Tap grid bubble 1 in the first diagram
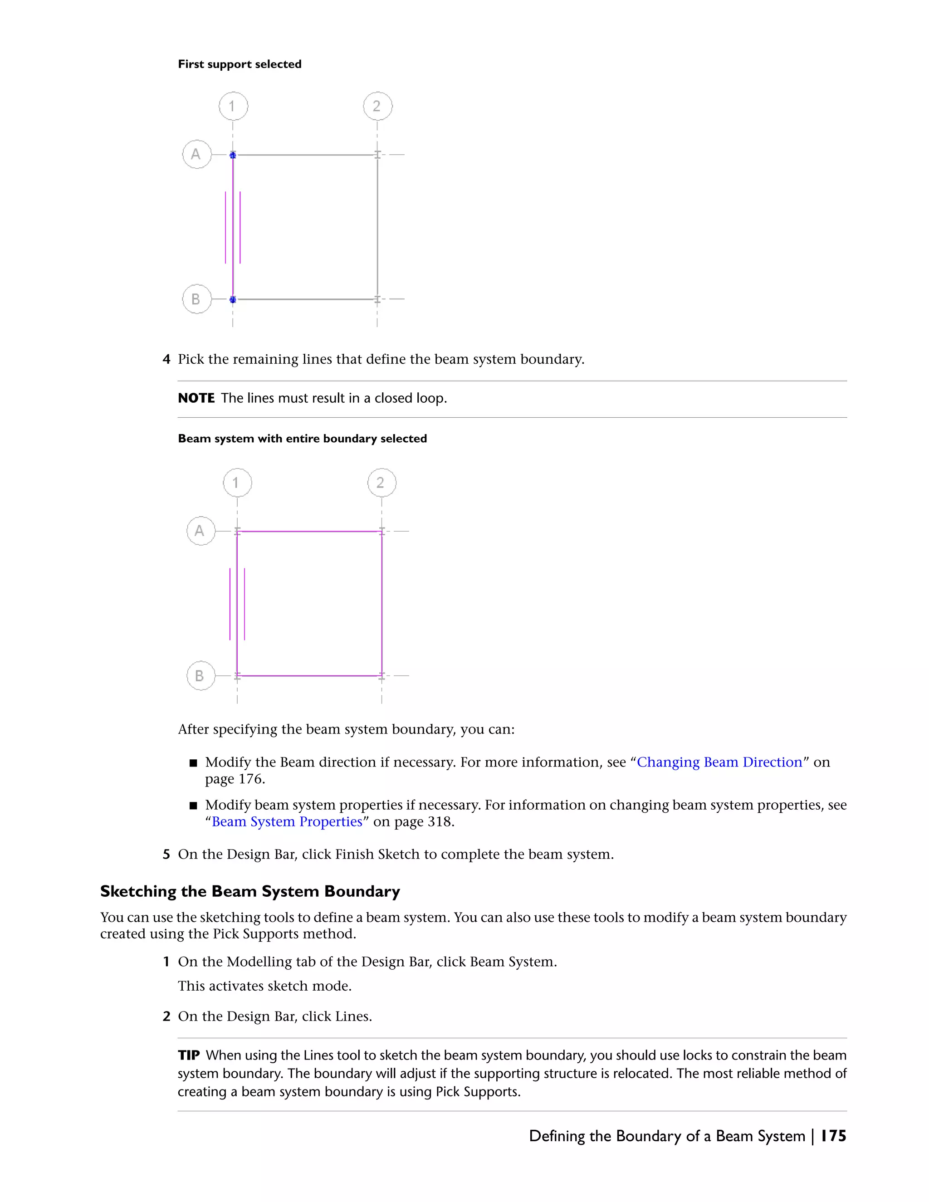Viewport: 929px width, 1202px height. [233, 106]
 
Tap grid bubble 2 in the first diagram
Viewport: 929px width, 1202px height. [377, 106]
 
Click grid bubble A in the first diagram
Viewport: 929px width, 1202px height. [196, 154]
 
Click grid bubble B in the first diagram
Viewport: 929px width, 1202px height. [196, 299]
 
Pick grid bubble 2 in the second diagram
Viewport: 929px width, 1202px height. [381, 483]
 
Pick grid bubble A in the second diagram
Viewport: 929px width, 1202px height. [201, 531]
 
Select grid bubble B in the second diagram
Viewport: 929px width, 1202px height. [201, 675]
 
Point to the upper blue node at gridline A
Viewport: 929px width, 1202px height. [233, 155]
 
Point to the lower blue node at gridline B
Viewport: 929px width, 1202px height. [233, 299]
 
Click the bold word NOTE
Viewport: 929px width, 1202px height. [196, 398]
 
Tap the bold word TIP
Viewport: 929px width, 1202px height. [188, 1055]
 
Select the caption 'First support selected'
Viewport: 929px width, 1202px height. [240, 64]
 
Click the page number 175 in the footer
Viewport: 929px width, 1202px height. [833, 1136]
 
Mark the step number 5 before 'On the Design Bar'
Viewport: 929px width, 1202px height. [166, 854]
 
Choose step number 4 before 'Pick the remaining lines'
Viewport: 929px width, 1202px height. [166, 359]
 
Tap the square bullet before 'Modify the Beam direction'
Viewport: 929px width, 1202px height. [193, 763]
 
